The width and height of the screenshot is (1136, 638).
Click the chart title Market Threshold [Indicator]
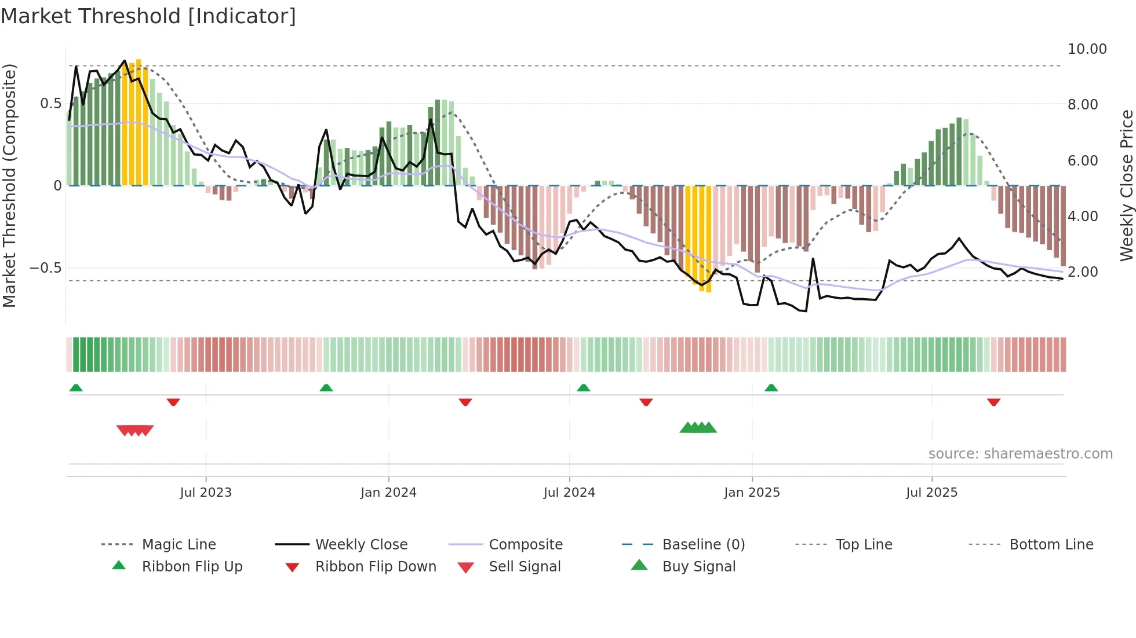[148, 16]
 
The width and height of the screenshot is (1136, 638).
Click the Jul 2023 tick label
[205, 493]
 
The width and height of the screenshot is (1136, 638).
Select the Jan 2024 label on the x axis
[388, 493]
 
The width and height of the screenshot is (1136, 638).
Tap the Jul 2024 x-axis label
[569, 493]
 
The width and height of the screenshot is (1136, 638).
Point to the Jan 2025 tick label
[752, 493]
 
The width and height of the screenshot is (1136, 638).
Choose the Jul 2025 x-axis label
[931, 493]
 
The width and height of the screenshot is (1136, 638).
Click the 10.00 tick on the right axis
[1087, 49]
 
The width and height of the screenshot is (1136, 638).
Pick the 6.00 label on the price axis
[1082, 161]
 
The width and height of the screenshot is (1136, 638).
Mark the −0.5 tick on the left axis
[45, 268]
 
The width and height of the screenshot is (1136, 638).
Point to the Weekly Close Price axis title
[1126, 185]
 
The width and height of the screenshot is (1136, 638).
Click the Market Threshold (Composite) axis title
[9, 185]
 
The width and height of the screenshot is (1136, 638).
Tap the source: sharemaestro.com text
[1020, 454]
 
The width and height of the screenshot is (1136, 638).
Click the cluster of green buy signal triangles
[698, 428]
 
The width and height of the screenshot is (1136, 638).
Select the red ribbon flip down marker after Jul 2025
[993, 402]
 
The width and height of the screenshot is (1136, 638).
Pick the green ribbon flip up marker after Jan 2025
[771, 388]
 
